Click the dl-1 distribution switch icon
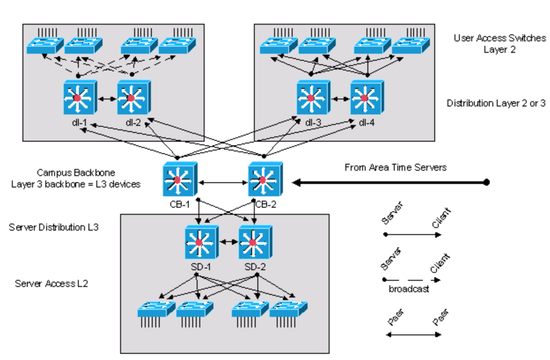[x=77, y=98]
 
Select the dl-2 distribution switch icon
[x=131, y=98]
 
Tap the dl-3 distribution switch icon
[x=311, y=98]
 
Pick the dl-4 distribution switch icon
[x=365, y=98]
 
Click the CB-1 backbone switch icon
[x=177, y=180]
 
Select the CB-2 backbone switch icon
[x=263, y=180]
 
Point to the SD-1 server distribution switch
[x=199, y=242]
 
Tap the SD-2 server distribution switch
[x=253, y=242]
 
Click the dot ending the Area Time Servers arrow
[x=486, y=182]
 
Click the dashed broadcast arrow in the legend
[x=412, y=280]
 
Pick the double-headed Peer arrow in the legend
[x=413, y=335]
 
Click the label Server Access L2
[x=51, y=283]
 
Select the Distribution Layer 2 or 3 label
[x=495, y=103]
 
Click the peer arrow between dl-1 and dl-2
[x=104, y=99]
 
